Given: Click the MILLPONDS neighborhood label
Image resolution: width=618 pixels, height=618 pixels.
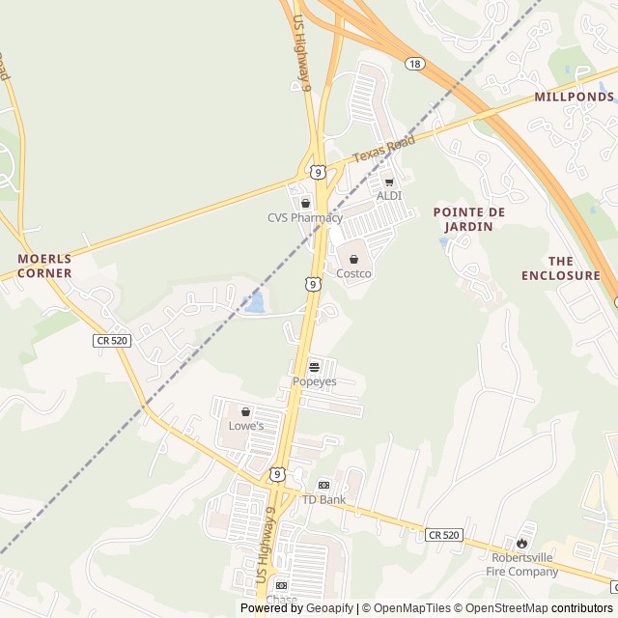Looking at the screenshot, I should pos(574,97).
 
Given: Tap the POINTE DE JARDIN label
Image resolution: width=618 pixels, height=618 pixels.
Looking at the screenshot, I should pos(469,218).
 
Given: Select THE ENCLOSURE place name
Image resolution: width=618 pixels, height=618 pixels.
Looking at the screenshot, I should pos(560,268).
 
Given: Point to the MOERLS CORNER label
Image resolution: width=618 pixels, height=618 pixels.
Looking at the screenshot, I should pos(44,266).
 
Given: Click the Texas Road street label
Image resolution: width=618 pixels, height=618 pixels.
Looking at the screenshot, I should pos(383,149).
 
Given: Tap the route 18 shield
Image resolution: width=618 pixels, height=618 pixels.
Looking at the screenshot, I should pos(414,63).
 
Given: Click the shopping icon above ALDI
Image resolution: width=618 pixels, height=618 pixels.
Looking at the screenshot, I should pos(389,181).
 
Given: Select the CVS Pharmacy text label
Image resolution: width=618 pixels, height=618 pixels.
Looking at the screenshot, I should pos(305,217).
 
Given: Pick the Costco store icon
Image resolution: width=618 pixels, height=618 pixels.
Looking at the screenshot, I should pos(353,259).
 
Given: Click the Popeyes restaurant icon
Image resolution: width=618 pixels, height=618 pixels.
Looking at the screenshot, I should pos(315,367).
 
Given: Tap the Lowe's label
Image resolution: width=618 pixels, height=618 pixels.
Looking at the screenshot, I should pos(245,425).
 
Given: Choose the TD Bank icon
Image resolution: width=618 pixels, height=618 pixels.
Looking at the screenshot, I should pos(323,485).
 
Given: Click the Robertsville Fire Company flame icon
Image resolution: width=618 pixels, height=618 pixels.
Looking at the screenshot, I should pos(525,542).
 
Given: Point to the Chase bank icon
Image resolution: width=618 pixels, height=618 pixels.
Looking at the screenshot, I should pos(281,585).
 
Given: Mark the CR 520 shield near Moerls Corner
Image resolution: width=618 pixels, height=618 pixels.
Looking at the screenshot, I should pos(113,340).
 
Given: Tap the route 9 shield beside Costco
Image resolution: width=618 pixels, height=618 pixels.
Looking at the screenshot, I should pos(311,284).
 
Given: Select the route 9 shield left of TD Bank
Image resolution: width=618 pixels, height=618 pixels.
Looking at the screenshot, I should pos(277,474).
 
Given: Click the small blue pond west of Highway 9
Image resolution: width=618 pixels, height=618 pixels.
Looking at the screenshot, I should pos(255,303).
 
